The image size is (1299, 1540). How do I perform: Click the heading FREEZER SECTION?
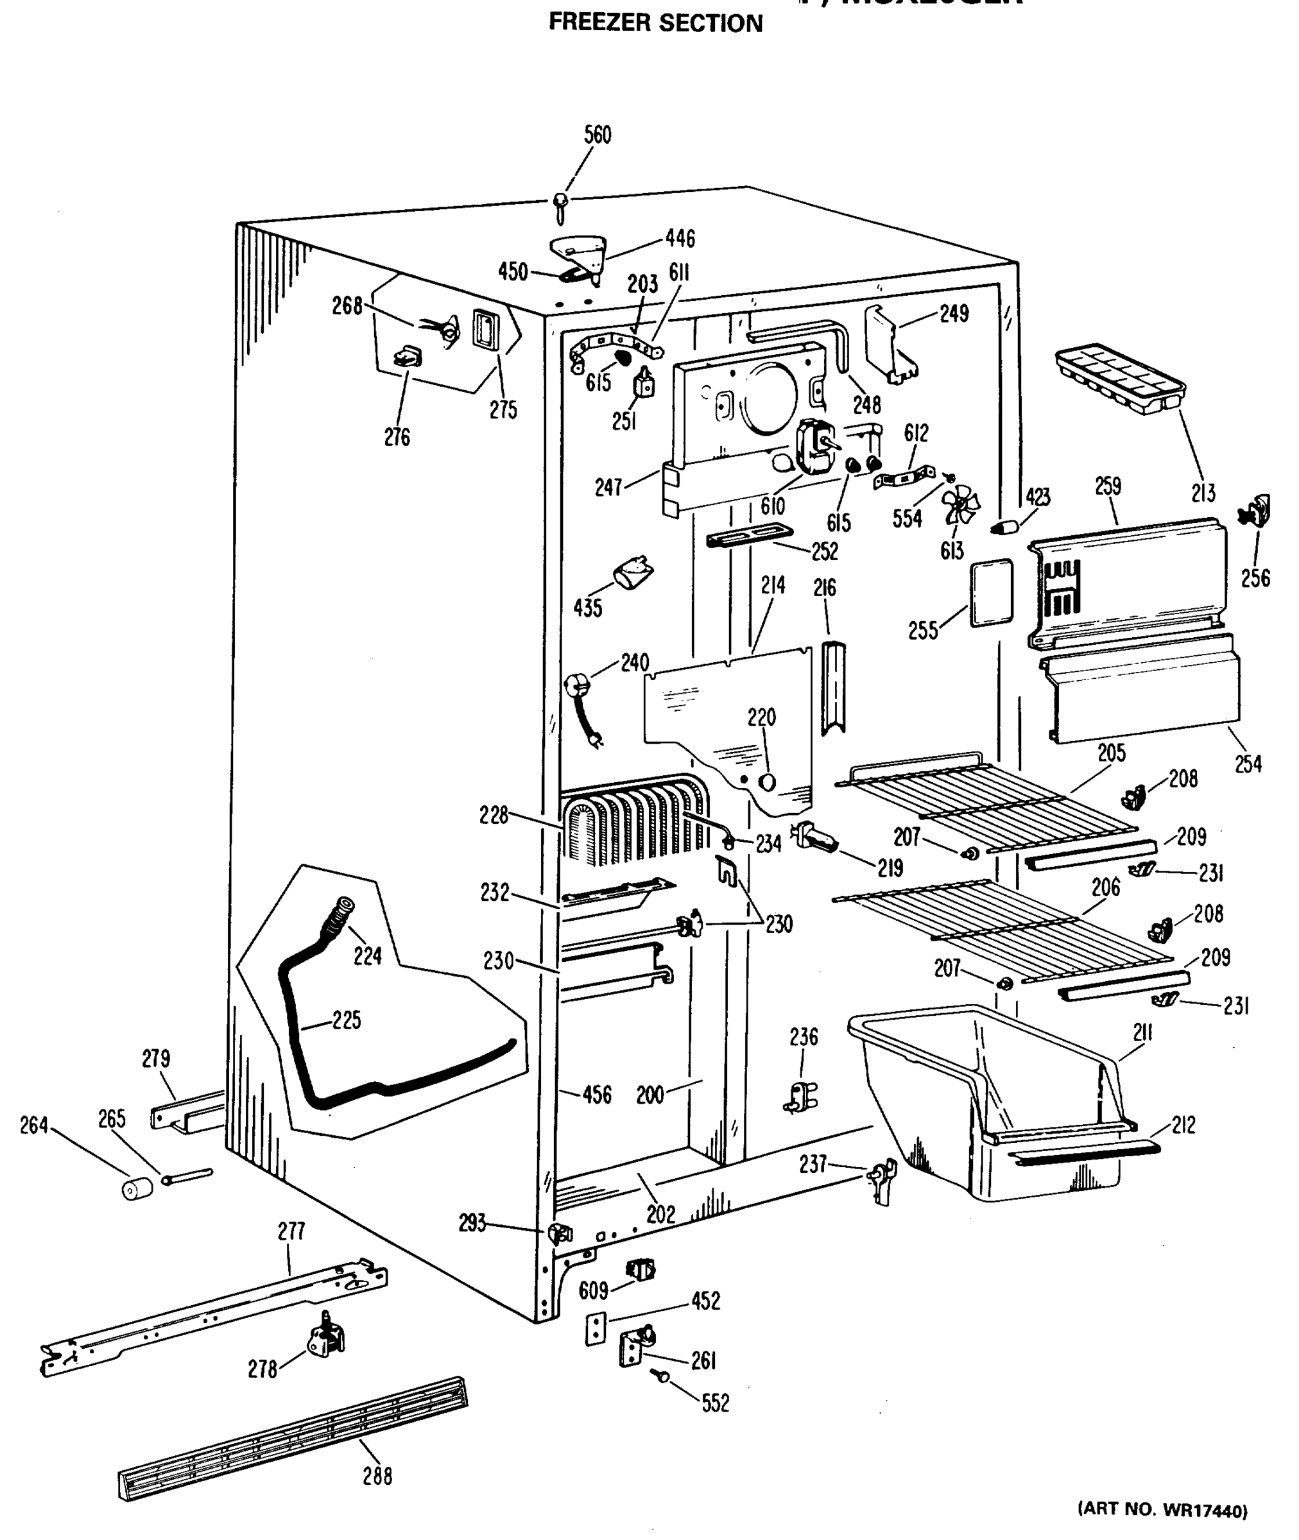tap(655, 24)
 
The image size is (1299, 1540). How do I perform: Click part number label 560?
tap(598, 135)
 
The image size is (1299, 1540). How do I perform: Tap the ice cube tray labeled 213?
tap(1119, 379)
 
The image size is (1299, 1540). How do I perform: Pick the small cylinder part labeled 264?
tap(137, 1187)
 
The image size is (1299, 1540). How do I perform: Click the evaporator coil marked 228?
tap(633, 823)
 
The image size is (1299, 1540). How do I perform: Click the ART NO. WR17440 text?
tap(1162, 1510)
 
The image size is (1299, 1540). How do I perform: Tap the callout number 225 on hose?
tap(346, 1020)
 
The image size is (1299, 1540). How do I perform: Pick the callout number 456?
tap(596, 1095)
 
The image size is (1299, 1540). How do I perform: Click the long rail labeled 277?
tap(214, 1318)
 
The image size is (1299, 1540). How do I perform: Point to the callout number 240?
tap(634, 663)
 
